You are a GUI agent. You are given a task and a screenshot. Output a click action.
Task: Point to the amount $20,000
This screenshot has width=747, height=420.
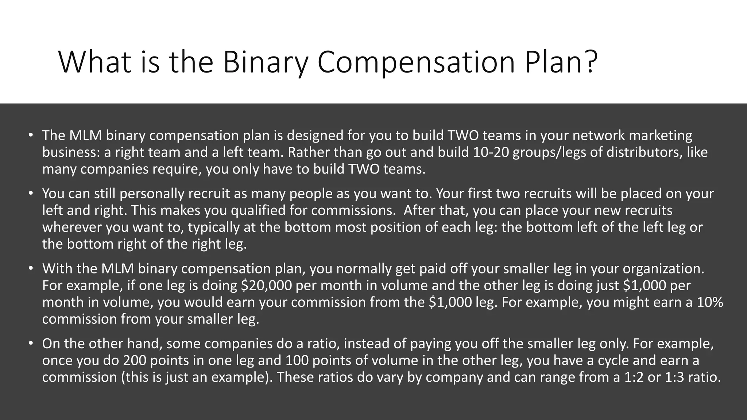tap(267, 285)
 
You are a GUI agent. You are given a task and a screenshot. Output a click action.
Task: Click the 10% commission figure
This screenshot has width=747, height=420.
tap(710, 302)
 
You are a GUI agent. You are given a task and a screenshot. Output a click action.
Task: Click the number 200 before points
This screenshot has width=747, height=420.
tap(134, 360)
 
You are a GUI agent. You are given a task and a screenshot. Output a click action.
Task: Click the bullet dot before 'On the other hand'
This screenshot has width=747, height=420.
tap(31, 343)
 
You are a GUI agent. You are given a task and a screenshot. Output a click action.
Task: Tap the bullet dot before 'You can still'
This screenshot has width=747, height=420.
tap(31, 194)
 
